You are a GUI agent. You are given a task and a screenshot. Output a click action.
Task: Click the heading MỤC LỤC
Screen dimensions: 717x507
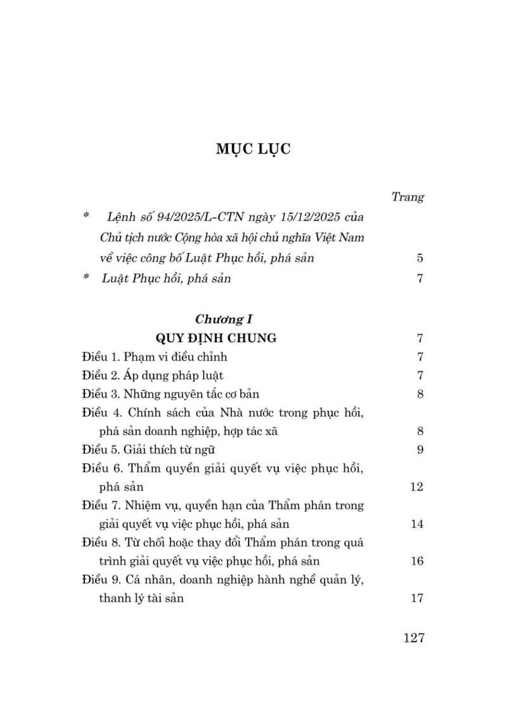[253, 150]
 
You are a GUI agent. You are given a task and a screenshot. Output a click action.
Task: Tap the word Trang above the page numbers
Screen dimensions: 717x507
[408, 197]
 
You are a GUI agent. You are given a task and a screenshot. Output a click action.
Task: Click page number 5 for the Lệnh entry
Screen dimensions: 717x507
[420, 258]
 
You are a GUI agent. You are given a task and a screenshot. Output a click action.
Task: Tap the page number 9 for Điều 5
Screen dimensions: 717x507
[420, 449]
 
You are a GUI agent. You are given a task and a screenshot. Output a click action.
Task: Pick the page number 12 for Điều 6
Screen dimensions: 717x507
[416, 487]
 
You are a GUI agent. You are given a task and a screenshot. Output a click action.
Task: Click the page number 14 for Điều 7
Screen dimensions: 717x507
[416, 524]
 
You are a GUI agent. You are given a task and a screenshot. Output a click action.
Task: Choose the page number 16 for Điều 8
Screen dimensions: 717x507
[416, 561]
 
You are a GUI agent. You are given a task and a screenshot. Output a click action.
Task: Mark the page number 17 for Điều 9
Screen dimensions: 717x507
[416, 598]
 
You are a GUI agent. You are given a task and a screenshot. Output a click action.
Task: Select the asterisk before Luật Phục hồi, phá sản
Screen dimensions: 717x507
[86, 278]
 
